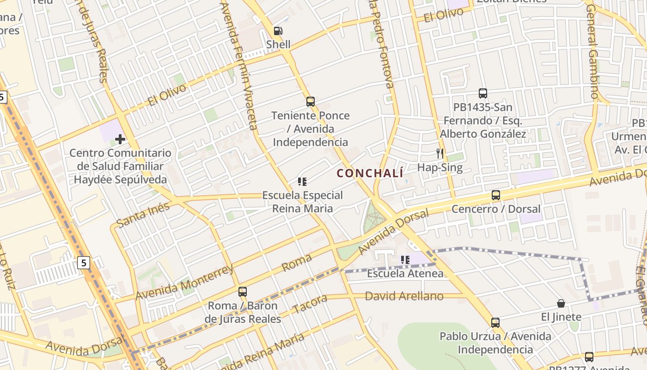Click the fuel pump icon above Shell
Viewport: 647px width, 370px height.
pyautogui.click(x=278, y=31)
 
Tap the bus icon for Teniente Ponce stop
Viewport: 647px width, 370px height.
pyautogui.click(x=311, y=102)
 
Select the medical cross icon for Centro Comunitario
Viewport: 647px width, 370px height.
pyautogui.click(x=120, y=139)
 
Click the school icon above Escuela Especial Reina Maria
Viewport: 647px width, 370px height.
pyautogui.click(x=302, y=182)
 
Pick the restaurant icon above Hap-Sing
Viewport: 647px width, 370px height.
pyautogui.click(x=440, y=153)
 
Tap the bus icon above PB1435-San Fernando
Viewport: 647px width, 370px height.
pyautogui.click(x=483, y=93)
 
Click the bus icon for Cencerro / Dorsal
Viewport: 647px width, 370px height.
pyautogui.click(x=496, y=195)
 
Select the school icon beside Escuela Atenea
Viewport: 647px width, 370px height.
pyautogui.click(x=405, y=260)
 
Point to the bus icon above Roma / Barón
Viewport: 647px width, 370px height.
pyautogui.click(x=243, y=292)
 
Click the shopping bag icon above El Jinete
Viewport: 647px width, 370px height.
pyautogui.click(x=561, y=303)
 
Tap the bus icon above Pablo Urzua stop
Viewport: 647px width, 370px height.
pyautogui.click(x=495, y=323)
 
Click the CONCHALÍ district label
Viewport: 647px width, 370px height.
pyautogui.click(x=370, y=173)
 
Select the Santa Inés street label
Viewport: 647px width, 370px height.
pyautogui.click(x=143, y=215)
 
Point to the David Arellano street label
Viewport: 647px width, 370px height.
pyautogui.click(x=404, y=296)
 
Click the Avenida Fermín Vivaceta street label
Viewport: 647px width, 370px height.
pyautogui.click(x=238, y=65)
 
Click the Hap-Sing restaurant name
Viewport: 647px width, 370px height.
pyautogui.click(x=440, y=167)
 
